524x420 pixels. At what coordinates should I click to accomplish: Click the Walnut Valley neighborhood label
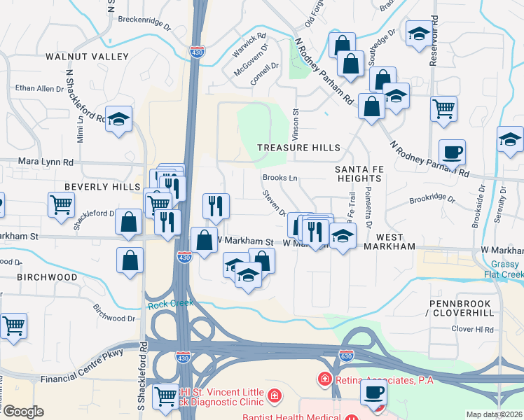[x=88, y=56]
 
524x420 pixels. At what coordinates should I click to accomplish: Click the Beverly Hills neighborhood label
[x=103, y=187]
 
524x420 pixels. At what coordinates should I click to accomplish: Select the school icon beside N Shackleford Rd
[x=120, y=119]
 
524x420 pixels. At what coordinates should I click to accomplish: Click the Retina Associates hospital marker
[x=324, y=379]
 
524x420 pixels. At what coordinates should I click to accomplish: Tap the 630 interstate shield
[x=346, y=356]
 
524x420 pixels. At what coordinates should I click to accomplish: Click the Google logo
[x=23, y=412]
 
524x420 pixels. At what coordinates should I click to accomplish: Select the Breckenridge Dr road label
[x=144, y=22]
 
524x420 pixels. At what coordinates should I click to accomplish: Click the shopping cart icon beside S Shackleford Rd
[x=166, y=396]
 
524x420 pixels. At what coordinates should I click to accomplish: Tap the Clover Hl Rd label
[x=473, y=329]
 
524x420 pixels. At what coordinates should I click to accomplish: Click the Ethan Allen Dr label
[x=39, y=89]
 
